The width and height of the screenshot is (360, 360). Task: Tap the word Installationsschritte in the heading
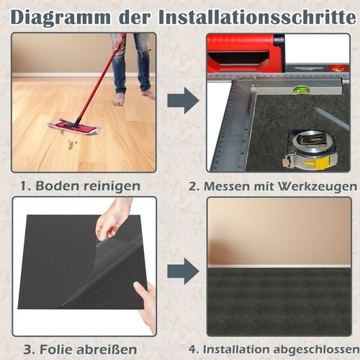(258, 17)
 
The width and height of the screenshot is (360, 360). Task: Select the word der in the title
(135, 17)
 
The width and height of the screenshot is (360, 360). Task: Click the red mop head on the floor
(75, 126)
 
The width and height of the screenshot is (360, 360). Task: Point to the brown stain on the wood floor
(71, 144)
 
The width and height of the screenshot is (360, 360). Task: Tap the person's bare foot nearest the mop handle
(118, 99)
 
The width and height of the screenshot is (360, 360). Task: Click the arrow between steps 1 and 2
(183, 100)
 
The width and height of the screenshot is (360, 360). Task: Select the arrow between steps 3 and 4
(183, 271)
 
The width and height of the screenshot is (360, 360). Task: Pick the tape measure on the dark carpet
(310, 149)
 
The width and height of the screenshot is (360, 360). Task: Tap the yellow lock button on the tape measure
(317, 163)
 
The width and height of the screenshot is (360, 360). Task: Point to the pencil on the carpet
(331, 118)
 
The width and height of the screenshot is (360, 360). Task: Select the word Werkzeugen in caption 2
(318, 186)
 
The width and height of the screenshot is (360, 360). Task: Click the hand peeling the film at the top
(113, 221)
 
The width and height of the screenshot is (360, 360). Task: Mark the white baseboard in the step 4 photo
(279, 266)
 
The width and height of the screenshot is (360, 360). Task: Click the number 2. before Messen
(194, 186)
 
